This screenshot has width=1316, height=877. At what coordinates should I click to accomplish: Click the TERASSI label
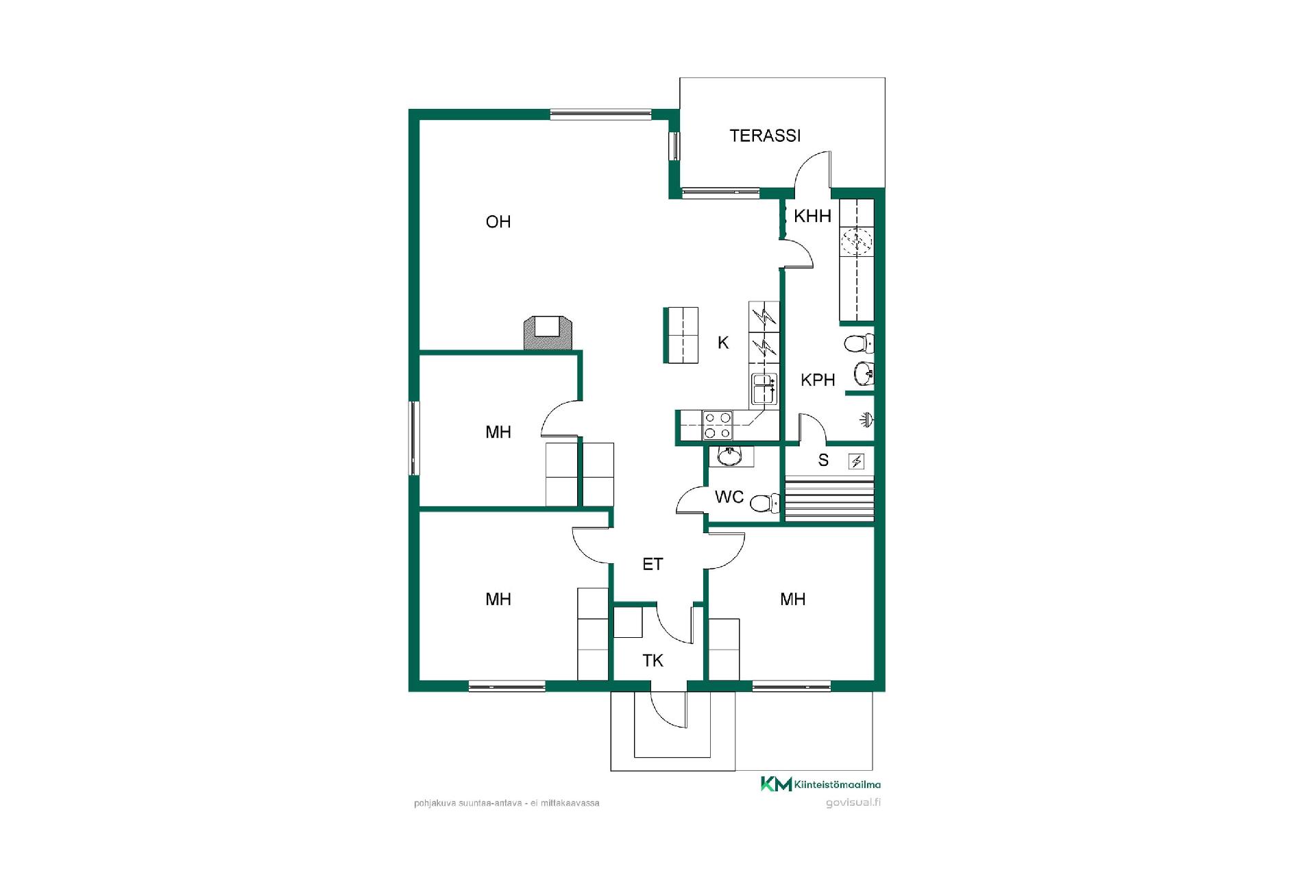tap(765, 136)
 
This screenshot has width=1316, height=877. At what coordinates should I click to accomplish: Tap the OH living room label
tap(498, 222)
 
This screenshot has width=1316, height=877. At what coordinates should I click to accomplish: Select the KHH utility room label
tap(812, 217)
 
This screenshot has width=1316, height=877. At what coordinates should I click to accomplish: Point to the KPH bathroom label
tap(818, 380)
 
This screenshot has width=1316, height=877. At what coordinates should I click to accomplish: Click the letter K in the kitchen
tap(723, 343)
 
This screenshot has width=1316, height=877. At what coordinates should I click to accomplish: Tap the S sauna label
tap(823, 460)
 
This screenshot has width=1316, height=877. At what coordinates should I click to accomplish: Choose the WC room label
tap(729, 497)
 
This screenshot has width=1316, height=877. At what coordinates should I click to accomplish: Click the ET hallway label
tap(653, 564)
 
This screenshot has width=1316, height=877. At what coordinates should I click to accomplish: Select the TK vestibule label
tap(653, 660)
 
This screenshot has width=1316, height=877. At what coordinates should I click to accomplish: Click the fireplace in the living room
tap(548, 332)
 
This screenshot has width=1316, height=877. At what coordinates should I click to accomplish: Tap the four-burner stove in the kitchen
tap(717, 425)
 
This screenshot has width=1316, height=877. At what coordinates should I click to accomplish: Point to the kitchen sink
tap(764, 389)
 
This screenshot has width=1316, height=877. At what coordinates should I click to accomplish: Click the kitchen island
tap(681, 335)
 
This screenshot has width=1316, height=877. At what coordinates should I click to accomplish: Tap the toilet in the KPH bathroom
tap(860, 343)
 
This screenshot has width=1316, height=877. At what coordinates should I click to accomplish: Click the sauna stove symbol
tap(857, 461)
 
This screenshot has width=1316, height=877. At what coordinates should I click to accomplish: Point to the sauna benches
tap(829, 502)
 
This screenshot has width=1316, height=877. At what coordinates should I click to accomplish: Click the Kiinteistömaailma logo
tap(820, 785)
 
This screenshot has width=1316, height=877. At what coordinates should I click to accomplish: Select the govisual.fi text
tap(853, 803)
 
